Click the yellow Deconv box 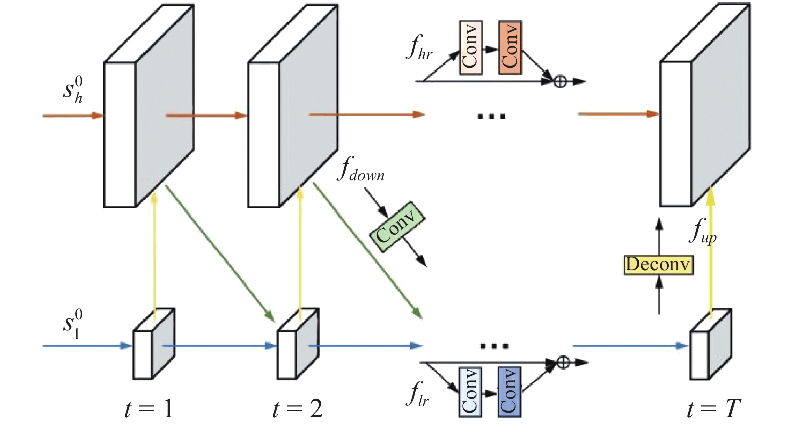(658, 264)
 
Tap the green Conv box (397, 228)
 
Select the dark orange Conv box (510, 48)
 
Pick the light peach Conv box (471, 48)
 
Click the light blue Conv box (470, 392)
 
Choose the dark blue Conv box (509, 392)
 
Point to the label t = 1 (149, 409)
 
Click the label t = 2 (298, 409)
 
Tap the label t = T (713, 409)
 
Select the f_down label (360, 170)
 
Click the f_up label (703, 232)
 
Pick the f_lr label (417, 394)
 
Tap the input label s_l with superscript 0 (73, 324)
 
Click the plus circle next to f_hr (560, 81)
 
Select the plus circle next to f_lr (563, 362)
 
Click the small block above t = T (709, 345)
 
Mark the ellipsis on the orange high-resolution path (491, 116)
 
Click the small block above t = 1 (153, 345)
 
